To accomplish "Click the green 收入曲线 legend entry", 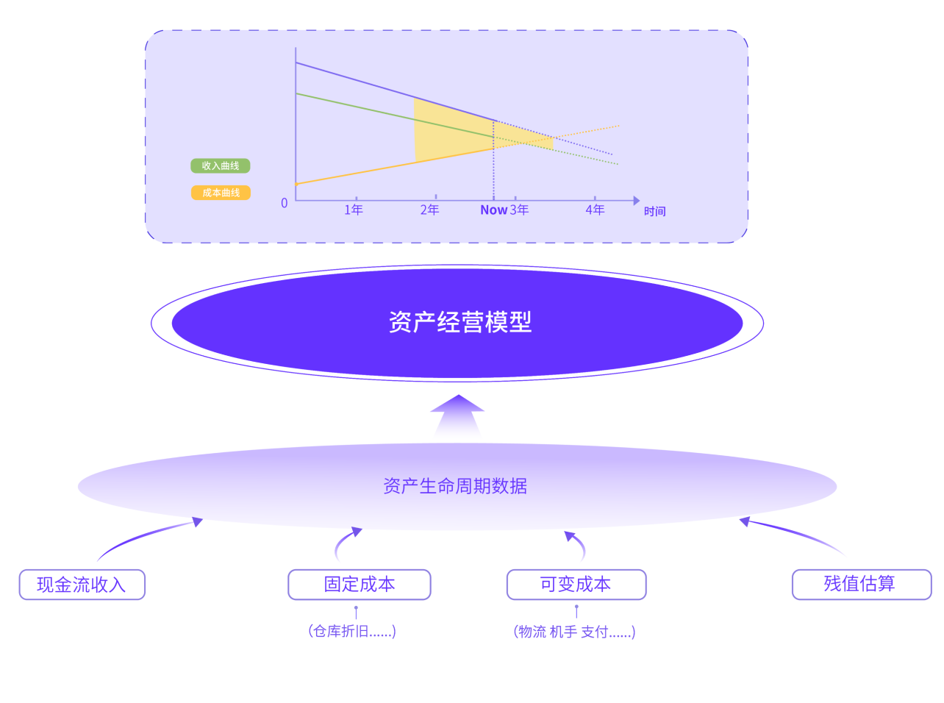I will coord(221,166).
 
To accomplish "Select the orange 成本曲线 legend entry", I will coord(221,193).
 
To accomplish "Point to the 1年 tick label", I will coord(354,210).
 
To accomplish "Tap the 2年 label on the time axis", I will coord(429,210).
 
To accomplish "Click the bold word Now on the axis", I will coord(493,210).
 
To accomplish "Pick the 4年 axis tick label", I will coord(595,210).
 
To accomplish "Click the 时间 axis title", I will coord(654,212).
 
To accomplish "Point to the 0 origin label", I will coord(285,204).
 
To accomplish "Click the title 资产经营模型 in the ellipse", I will coord(460,322).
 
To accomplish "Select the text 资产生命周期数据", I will coord(455,486).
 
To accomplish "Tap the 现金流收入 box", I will coord(82,585).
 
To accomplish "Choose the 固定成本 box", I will coord(360,585).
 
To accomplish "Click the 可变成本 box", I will coord(576,585).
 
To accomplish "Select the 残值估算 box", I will coord(860,584).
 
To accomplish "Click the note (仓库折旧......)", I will coord(352,631).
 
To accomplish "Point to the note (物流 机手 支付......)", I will coord(574,632).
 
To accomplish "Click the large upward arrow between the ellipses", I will coord(457,415).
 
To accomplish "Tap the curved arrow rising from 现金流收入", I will coord(147,534).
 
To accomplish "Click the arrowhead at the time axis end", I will coord(636,201).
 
